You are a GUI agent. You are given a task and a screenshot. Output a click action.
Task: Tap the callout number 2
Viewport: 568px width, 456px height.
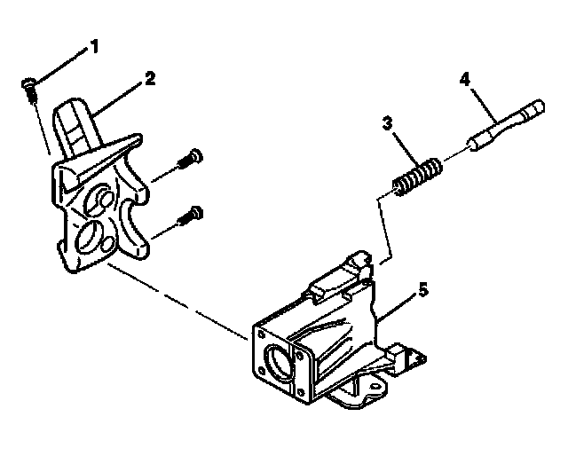(150, 78)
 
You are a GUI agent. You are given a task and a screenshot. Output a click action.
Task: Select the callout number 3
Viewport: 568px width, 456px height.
(388, 124)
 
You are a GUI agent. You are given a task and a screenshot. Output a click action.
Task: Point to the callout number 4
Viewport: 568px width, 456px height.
(464, 79)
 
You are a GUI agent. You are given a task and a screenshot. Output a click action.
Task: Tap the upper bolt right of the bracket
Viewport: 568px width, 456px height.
(191, 160)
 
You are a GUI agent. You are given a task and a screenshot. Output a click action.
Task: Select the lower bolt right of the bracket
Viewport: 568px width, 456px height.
(191, 214)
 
